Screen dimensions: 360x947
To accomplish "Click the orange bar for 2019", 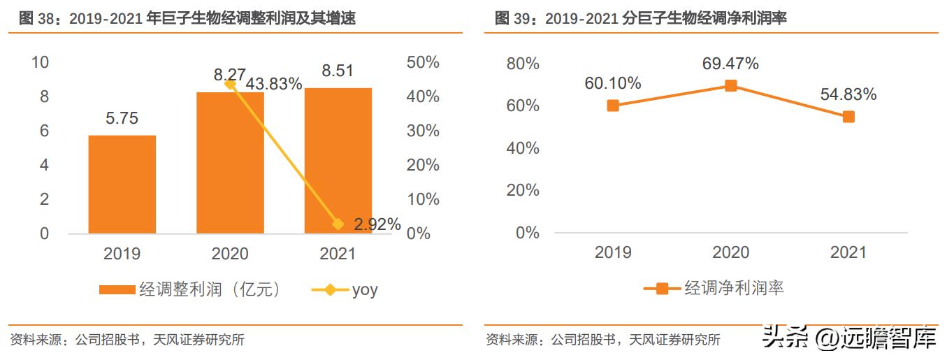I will click(x=122, y=185).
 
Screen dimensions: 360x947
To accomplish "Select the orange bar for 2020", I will click(x=231, y=162).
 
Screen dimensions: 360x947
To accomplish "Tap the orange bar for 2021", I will click(x=338, y=160).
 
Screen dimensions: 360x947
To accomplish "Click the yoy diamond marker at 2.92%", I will click(x=338, y=224).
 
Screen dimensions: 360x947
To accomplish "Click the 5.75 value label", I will click(x=122, y=119).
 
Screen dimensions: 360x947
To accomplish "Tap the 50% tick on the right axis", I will click(x=423, y=62).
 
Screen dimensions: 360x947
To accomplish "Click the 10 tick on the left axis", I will click(x=40, y=62).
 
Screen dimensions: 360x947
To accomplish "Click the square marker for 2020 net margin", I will click(x=730, y=85).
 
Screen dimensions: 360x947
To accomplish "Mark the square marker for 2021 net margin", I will click(x=848, y=117).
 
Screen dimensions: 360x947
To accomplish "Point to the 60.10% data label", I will click(x=613, y=83).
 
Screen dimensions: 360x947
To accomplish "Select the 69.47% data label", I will click(x=730, y=64).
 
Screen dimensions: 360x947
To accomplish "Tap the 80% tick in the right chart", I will click(x=523, y=64).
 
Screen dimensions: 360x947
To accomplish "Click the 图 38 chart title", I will click(x=187, y=19).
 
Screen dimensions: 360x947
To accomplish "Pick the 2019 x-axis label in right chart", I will click(x=613, y=252).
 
